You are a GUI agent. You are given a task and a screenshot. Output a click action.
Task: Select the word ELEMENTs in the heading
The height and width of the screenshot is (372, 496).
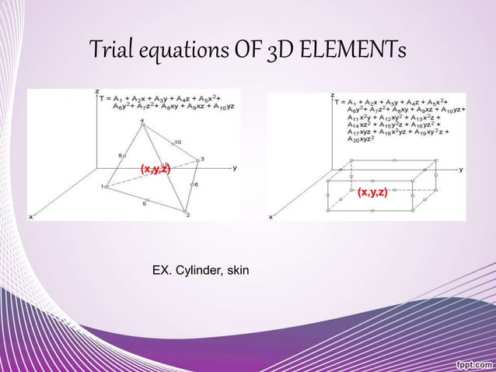pyautogui.click(x=355, y=54)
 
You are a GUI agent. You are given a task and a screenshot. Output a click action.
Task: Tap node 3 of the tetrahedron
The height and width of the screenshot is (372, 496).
pyautogui.click(x=200, y=160)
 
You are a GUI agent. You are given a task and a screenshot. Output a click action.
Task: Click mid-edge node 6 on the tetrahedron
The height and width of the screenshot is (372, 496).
pyautogui.click(x=192, y=185)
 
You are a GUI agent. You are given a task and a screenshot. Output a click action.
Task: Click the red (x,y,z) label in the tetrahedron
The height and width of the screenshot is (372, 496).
pyautogui.click(x=155, y=169)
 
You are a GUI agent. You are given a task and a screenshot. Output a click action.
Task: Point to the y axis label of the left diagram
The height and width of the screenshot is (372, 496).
pyautogui.click(x=236, y=167)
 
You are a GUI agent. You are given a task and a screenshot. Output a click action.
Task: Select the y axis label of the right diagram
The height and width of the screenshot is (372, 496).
pyautogui.click(x=463, y=167)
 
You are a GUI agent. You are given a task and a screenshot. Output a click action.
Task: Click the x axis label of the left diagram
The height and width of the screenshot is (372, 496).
pyautogui.click(x=31, y=217)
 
